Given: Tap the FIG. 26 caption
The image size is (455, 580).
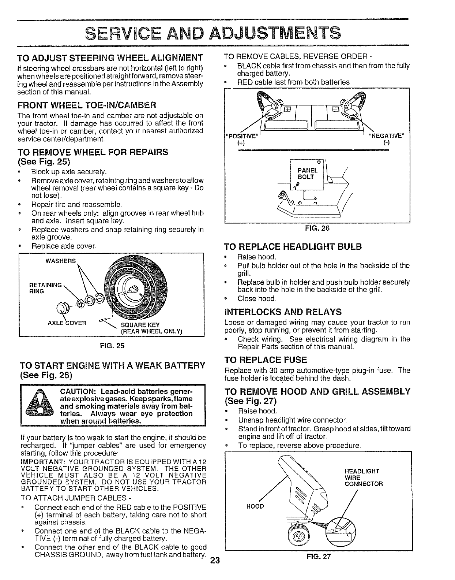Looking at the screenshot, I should pyautogui.click(x=317, y=228).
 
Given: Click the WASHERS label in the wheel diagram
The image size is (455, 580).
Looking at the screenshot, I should pyautogui.click(x=60, y=261).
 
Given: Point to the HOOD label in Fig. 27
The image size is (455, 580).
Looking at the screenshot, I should pyautogui.click(x=255, y=506).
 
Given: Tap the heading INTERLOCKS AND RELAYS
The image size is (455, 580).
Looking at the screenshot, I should pyautogui.click(x=282, y=312).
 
